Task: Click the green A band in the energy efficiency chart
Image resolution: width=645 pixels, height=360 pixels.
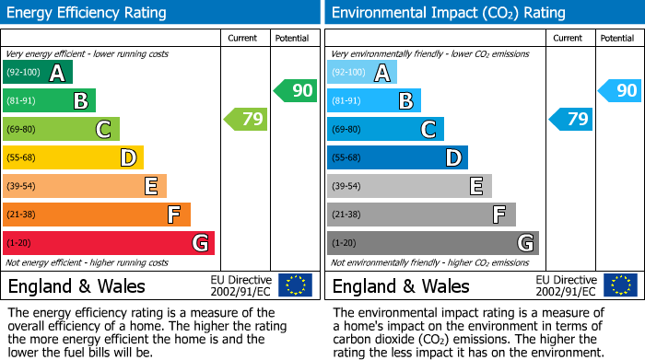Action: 37,73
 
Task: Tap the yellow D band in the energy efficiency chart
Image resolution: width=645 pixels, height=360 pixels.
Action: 73,158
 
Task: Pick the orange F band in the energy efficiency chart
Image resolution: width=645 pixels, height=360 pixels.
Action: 96,215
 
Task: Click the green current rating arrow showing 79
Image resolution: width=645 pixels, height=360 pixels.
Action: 245,119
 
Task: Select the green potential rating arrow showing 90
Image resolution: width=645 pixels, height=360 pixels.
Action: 295,90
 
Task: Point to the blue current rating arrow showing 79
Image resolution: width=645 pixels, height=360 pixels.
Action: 570,119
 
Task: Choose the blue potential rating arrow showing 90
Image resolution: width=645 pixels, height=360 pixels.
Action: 619,90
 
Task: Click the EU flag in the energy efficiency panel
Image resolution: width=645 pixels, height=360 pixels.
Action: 295,285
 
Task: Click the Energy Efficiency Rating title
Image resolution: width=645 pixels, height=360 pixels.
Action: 88,13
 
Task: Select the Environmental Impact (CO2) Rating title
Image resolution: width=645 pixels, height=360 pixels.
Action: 448,13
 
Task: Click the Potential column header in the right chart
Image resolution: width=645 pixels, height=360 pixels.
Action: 617,38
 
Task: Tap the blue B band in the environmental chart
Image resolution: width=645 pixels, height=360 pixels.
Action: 373,101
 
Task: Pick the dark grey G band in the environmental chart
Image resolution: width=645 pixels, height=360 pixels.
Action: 432,243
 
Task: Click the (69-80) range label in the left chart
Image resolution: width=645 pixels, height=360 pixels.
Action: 21,130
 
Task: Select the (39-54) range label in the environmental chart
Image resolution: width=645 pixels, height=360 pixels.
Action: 346,187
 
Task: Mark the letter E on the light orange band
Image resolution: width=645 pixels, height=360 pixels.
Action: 150,187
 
